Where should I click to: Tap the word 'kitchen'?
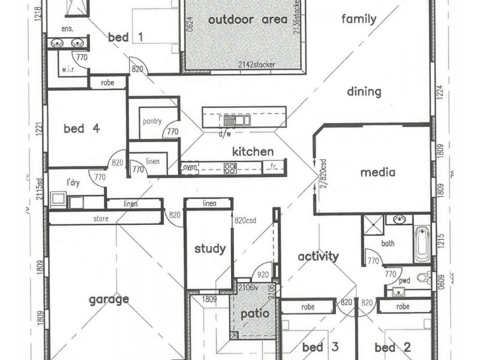[253, 152]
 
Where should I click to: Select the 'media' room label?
[377, 173]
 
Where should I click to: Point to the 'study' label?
[210, 248]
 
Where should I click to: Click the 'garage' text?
[109, 299]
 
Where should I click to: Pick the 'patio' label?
[255, 313]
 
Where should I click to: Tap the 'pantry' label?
[152, 121]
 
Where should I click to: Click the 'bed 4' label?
[82, 128]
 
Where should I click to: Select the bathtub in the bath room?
[422, 243]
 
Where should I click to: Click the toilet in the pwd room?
[424, 278]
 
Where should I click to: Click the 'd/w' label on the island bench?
[225, 134]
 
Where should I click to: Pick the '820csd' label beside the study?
[245, 220]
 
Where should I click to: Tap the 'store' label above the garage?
[101, 219]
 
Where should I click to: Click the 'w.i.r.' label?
[67, 70]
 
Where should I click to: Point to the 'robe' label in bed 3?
[308, 307]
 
